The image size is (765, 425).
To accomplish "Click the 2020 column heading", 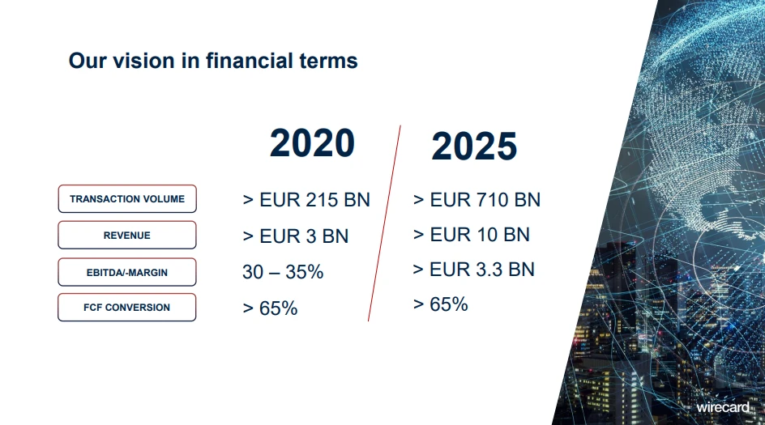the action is (312, 142).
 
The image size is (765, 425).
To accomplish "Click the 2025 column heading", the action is (474, 146).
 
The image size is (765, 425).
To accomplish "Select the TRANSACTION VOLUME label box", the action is (127, 199).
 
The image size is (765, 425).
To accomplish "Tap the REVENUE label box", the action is (127, 235).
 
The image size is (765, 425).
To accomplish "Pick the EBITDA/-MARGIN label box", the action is (127, 272).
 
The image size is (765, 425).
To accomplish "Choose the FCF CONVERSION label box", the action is (127, 307).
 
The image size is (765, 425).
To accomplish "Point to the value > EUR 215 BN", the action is (306, 200).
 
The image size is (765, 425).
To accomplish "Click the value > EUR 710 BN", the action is (477, 200).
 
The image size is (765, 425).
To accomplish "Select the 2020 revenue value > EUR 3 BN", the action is (296, 236).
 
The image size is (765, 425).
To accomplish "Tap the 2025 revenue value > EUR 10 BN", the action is (472, 235).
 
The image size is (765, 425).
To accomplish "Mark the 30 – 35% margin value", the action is (283, 272).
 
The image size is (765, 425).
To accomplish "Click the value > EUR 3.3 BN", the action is (474, 270).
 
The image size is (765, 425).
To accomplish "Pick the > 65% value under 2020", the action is (270, 308).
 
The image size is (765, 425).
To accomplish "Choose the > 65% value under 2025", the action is (441, 304).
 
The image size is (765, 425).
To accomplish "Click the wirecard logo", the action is (723, 407).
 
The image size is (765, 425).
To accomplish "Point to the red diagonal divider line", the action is (384, 223).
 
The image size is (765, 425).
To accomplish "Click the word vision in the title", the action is (143, 61).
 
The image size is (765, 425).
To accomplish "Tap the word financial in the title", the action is (249, 61).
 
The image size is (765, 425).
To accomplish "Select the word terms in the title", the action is (328, 62).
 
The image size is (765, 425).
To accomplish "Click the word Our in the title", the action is (88, 62).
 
